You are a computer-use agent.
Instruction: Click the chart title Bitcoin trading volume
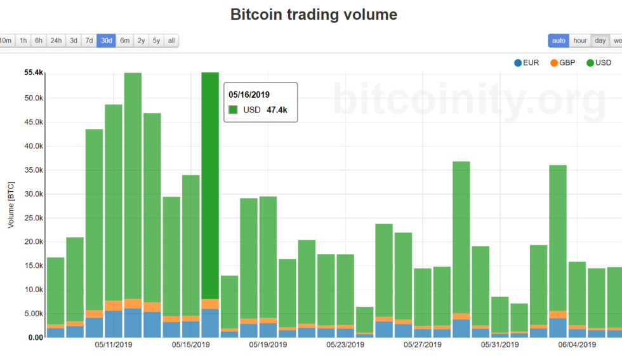(x=314, y=15)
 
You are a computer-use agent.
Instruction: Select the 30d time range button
(x=106, y=41)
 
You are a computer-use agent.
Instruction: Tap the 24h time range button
(x=56, y=41)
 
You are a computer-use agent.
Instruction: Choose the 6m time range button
(x=125, y=41)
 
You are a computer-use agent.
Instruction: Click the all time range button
(x=171, y=41)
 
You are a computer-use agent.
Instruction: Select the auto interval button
(x=559, y=41)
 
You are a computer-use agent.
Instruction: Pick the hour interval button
(x=580, y=41)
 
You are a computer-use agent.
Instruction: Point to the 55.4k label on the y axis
(x=32, y=73)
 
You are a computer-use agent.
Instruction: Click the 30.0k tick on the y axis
(x=32, y=194)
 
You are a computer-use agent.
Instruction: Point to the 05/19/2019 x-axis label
(x=268, y=345)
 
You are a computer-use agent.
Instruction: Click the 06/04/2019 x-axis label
(x=577, y=345)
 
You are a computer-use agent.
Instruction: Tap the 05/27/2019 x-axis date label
(x=423, y=345)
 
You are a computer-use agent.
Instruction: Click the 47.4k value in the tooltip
(x=276, y=110)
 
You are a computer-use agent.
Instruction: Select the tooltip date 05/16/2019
(x=249, y=94)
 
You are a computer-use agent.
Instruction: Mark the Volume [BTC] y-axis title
(x=12, y=205)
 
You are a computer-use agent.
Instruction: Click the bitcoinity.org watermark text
(x=469, y=100)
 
